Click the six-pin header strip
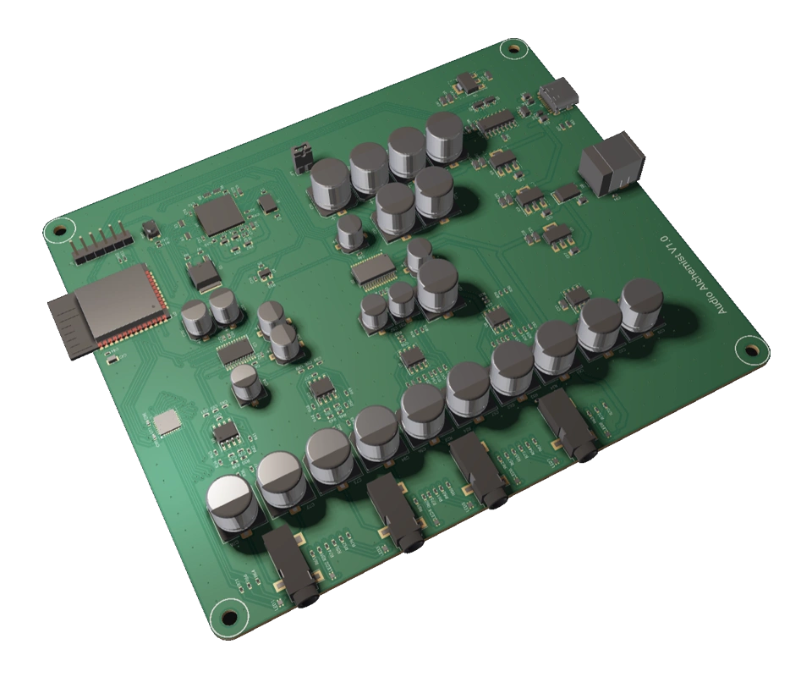coord(100,245)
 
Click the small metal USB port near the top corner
coord(557,98)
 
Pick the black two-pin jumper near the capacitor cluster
coord(299,157)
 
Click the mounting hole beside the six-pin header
coord(58,228)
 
